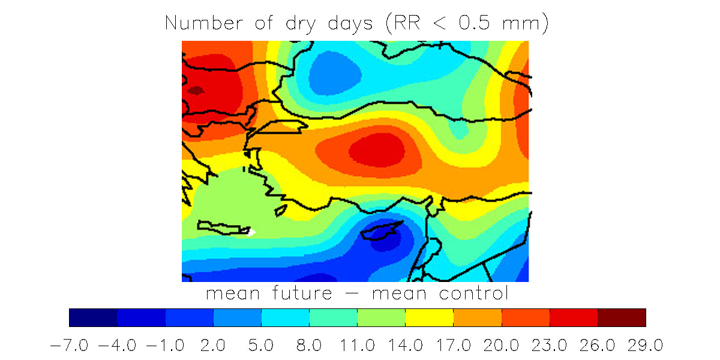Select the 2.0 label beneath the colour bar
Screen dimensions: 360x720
point(214,346)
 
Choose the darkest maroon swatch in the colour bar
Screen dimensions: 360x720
point(622,317)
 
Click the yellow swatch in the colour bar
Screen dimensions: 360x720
point(429,317)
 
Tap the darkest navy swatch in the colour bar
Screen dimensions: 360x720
point(93,317)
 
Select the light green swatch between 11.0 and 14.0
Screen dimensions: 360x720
point(381,317)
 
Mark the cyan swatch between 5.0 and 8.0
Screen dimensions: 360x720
point(285,317)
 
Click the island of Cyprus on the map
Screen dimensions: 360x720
point(383,231)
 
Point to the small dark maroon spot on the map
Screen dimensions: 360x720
point(196,91)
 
